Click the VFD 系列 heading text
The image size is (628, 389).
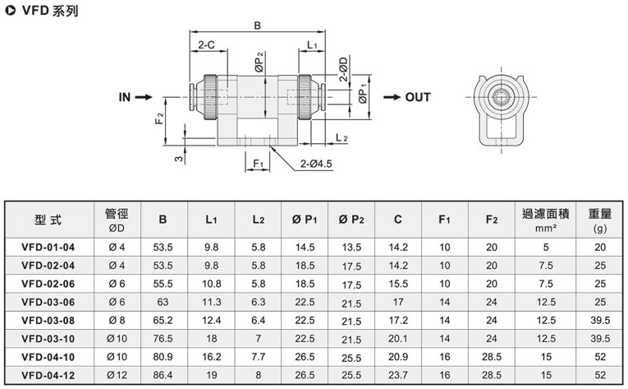pos(49,11)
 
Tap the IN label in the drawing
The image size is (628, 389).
pos(124,97)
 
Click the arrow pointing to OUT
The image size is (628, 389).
pos(392,97)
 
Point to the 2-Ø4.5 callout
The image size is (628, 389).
pos(316,164)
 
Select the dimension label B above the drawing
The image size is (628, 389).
pos(257,25)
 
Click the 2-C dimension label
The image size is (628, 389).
pos(206,45)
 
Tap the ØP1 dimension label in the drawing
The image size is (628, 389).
pos(364,95)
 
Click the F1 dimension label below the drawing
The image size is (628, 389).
pos(258,164)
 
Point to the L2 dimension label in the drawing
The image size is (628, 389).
pos(342,138)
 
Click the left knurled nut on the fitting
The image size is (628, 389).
pos(210,97)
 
